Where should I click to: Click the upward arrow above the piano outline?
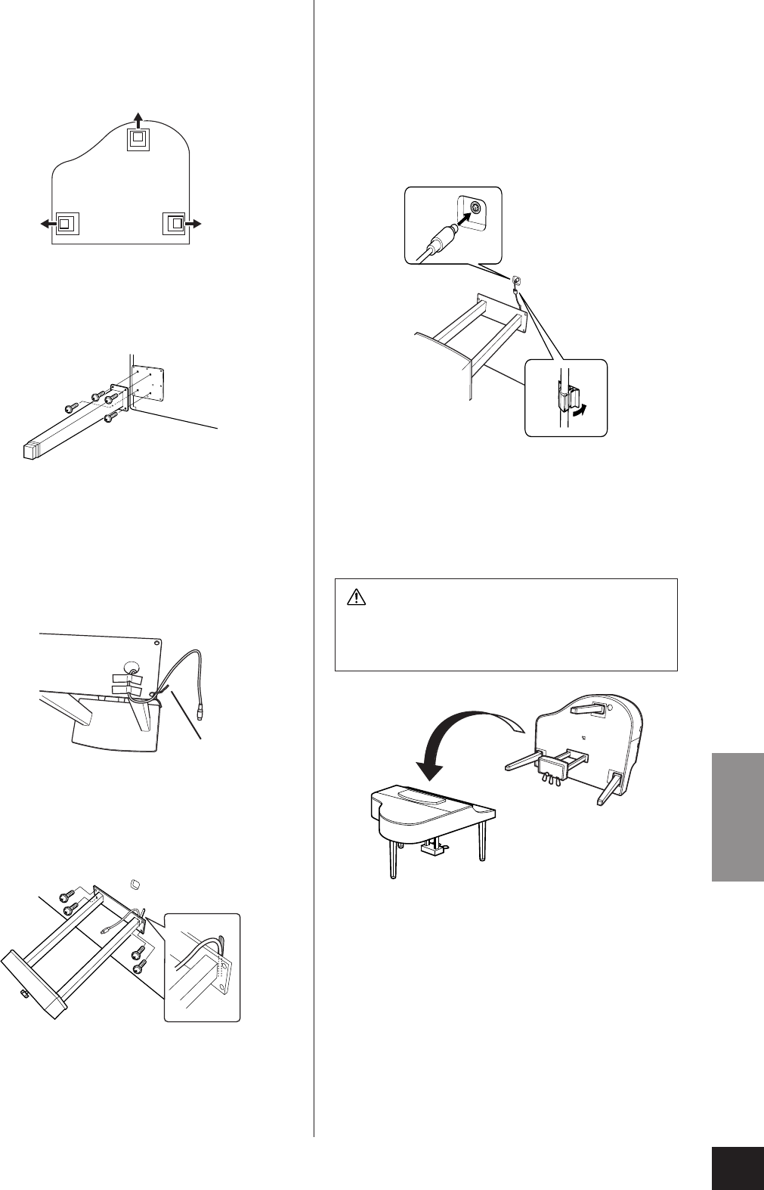[x=138, y=116]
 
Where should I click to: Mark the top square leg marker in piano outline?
[x=138, y=138]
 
